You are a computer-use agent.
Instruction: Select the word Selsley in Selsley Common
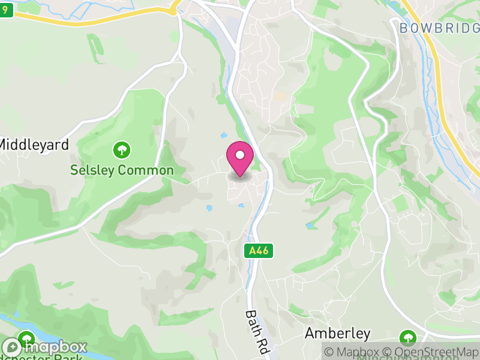[x=92, y=170]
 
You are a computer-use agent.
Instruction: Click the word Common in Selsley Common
[x=146, y=170]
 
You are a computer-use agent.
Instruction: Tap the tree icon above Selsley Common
[x=122, y=149]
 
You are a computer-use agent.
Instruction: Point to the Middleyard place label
[x=34, y=145]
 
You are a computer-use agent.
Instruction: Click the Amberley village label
[x=337, y=333]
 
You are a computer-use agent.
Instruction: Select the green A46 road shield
[x=259, y=251]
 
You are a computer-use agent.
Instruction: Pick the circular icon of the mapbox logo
[x=13, y=347]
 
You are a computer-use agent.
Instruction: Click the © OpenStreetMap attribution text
[x=431, y=352]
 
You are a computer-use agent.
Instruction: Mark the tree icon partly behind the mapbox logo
[x=25, y=337]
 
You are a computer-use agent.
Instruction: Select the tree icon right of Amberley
[x=408, y=337]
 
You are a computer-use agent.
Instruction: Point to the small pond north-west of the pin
[x=223, y=136]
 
